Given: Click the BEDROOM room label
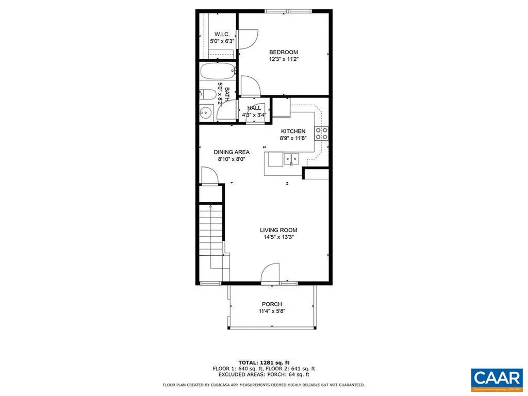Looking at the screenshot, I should click(x=284, y=52).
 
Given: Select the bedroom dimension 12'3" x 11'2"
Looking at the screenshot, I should click(x=284, y=59).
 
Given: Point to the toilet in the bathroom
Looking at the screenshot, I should click(x=207, y=94).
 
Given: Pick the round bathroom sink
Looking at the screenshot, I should click(x=206, y=112).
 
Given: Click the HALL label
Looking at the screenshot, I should click(x=254, y=108).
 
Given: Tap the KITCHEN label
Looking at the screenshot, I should click(x=293, y=131).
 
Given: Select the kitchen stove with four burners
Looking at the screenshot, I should click(x=322, y=134).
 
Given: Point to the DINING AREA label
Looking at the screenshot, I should click(x=232, y=152).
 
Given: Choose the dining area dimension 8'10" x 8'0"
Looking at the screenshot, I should click(x=232, y=159).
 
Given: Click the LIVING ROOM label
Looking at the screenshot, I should click(x=278, y=230).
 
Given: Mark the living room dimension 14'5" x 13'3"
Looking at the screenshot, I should click(x=278, y=238).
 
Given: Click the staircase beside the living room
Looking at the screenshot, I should click(x=212, y=235).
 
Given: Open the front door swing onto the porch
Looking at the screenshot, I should click(x=271, y=273).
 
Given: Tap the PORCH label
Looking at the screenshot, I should click(x=272, y=304).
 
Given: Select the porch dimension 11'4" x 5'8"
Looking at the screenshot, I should click(x=272, y=311).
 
